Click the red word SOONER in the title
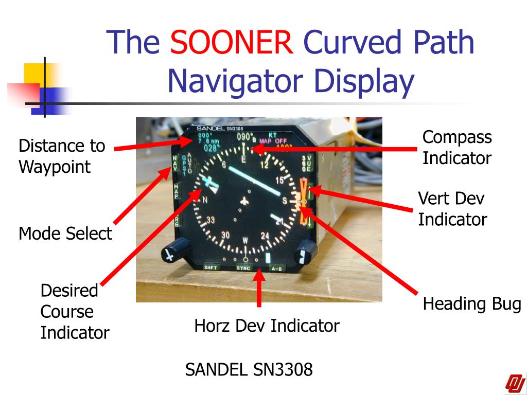232,42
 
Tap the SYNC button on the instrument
243,268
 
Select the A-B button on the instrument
276,268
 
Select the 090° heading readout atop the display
245,137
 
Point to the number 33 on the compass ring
211,220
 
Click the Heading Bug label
472,304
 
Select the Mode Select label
65,234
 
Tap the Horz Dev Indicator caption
267,326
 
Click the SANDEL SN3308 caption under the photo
249,369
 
